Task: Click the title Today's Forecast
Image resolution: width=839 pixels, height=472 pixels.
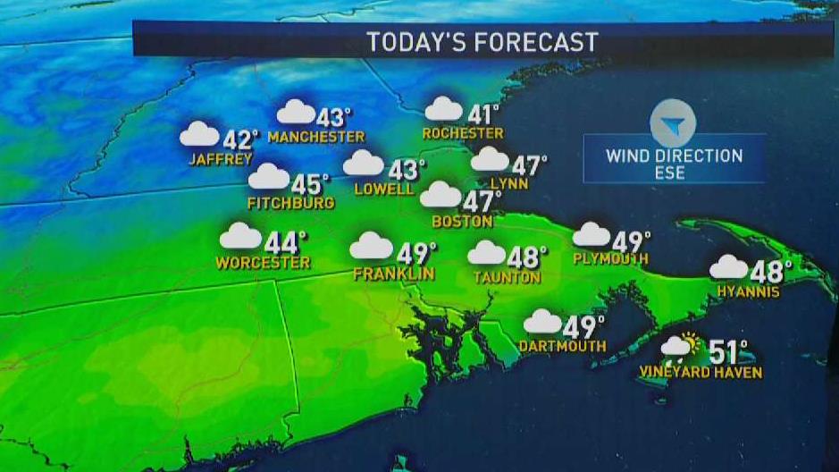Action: pos(482,42)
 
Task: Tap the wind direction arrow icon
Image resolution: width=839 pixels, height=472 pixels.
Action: pos(673,124)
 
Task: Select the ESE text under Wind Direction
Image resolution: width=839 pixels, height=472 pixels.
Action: pos(674,173)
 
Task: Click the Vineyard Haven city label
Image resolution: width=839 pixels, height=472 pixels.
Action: pos(701,371)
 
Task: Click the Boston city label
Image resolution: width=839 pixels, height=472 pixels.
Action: pos(462,221)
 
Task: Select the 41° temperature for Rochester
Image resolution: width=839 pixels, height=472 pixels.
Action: pos(483,114)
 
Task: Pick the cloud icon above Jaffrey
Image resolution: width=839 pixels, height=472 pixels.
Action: pos(198,134)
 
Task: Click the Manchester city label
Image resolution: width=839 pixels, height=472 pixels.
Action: pos(316,137)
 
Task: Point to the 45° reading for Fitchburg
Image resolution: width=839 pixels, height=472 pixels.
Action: pos(310,185)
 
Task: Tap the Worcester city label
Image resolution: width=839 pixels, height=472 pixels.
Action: pos(263,263)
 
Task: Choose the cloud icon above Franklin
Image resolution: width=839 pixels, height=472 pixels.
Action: pos(371,245)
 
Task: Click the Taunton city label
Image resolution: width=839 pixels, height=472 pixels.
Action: pos(507,277)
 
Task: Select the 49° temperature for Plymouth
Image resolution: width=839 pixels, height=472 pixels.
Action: pos(631,241)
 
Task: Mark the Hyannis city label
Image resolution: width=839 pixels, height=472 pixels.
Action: pos(748,291)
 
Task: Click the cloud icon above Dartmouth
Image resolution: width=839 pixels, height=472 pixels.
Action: pos(541,321)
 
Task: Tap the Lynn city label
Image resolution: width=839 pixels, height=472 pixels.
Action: pos(509,184)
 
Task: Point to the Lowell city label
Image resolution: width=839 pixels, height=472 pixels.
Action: pos(384,189)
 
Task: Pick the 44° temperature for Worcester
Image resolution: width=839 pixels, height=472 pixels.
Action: pos(286,241)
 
